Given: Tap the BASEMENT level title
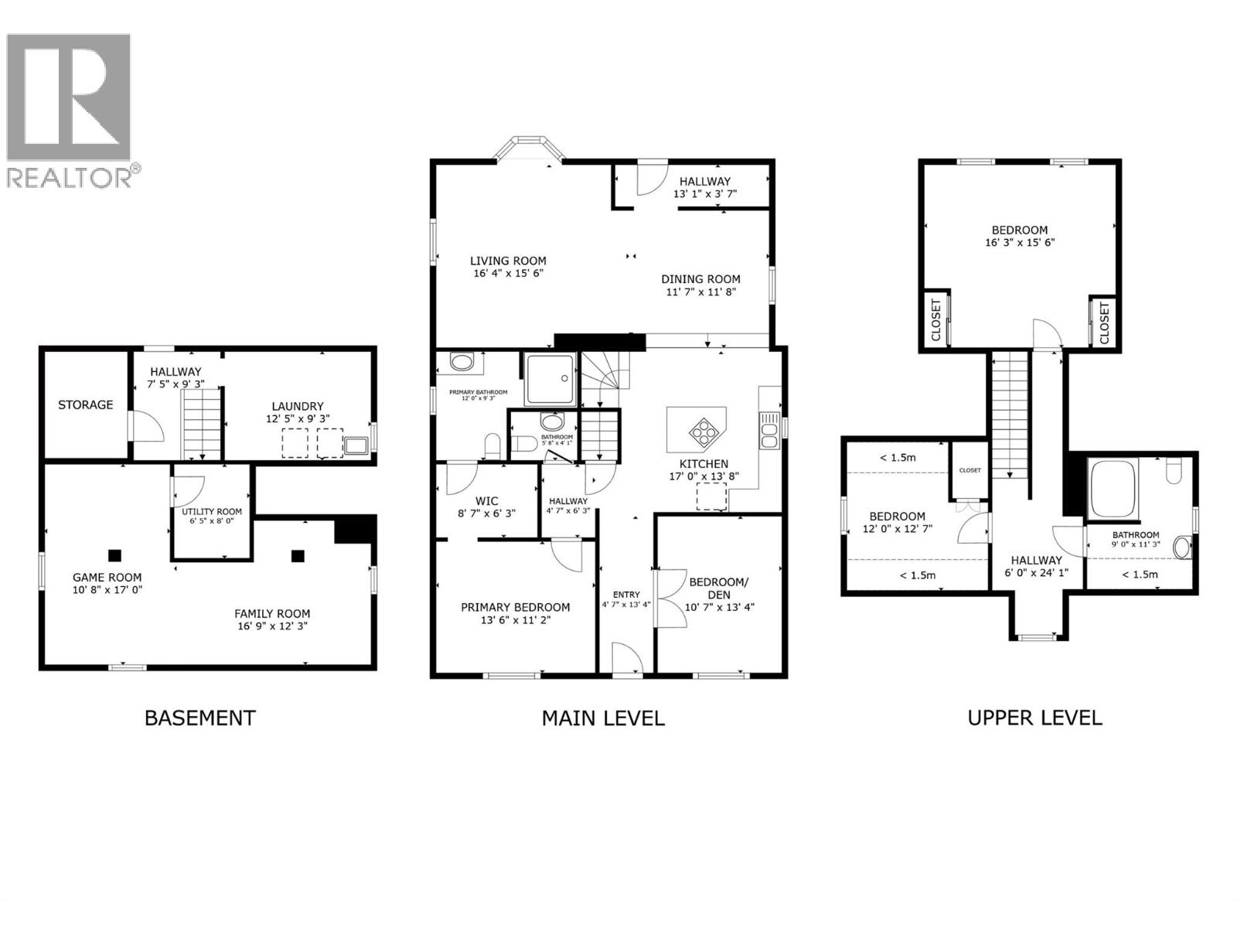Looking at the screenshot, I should tap(199, 718).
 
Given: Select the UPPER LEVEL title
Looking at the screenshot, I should tap(1034, 717).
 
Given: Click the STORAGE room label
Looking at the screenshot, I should tap(85, 404).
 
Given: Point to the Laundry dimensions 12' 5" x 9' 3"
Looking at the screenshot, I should tap(297, 418).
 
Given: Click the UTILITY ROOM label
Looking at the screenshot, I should tap(212, 511).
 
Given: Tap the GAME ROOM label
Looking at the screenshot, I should tap(107, 577).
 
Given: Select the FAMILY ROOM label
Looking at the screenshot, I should tap(272, 613).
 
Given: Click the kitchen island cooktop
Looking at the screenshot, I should tap(704, 429).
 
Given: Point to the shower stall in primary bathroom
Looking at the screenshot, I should tap(550, 379).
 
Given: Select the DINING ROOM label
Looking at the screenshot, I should tap(700, 279).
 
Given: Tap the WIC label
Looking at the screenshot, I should tap(486, 501).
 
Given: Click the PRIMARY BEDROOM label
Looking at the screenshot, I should tap(515, 607).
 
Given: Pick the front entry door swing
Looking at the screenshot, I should tap(627, 659).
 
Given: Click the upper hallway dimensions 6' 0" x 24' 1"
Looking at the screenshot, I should tap(1036, 573).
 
